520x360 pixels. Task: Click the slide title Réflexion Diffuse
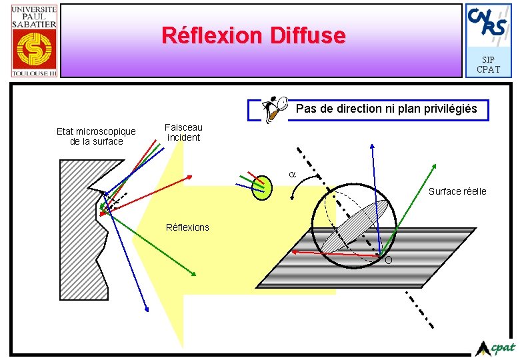254,35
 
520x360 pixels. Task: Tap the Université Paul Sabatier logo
34,40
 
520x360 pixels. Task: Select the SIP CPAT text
489,64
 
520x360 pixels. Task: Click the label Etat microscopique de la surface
96,136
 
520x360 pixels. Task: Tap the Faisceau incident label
183,132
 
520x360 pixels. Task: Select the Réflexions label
187,227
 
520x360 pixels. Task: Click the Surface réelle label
457,191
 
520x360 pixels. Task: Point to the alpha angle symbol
291,174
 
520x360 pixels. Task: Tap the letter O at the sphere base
388,260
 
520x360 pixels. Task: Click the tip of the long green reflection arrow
195,275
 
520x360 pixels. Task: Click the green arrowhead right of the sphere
435,165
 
